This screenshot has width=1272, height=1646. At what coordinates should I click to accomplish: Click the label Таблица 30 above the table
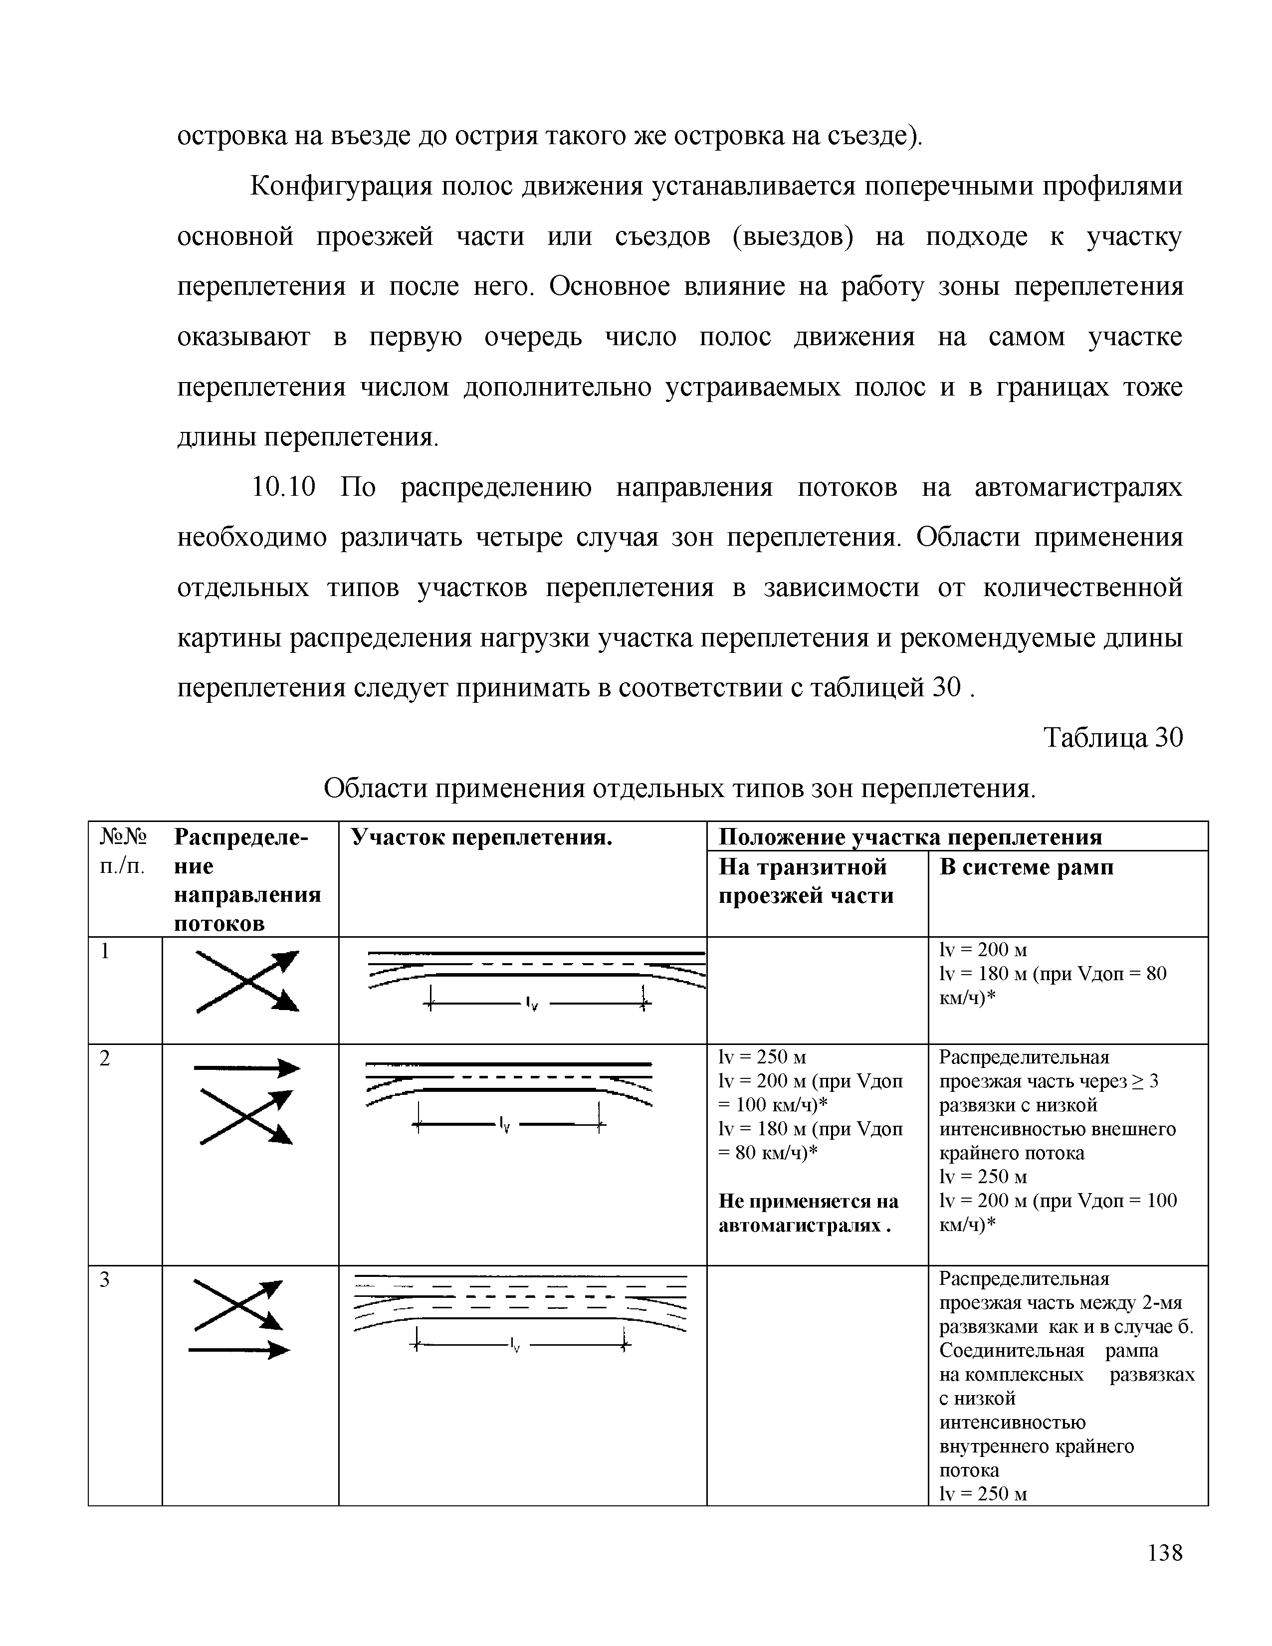(1112, 738)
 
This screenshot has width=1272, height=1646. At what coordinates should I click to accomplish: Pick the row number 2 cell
(105, 1059)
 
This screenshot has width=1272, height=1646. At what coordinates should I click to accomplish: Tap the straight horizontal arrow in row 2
(246, 1068)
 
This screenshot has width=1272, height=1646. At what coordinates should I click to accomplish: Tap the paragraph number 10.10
(282, 488)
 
